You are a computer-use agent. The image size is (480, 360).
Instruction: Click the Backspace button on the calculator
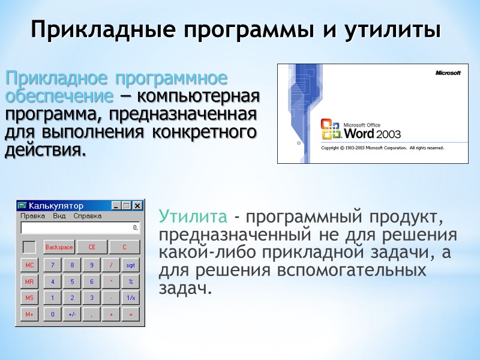[x=59, y=247]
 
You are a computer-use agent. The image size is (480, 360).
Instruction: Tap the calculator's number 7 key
[x=52, y=265]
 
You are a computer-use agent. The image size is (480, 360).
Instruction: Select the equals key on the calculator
[x=130, y=314]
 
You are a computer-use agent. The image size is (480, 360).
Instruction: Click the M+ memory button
[x=29, y=314]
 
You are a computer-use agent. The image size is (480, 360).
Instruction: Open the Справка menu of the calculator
[x=88, y=215]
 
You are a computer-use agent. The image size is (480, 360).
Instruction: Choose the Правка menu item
[x=32, y=215]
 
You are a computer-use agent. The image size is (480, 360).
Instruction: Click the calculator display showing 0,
[x=80, y=228]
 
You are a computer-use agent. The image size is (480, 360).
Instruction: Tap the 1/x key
[x=130, y=298]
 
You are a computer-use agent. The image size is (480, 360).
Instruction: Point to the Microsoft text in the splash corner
[x=448, y=73]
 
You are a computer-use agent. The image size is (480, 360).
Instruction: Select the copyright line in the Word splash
[x=382, y=148]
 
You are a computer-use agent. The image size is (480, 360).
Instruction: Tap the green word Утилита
[x=193, y=216]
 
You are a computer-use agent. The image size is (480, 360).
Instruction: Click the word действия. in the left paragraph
[x=45, y=149]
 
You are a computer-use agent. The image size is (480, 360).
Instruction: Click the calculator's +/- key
[x=72, y=314]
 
